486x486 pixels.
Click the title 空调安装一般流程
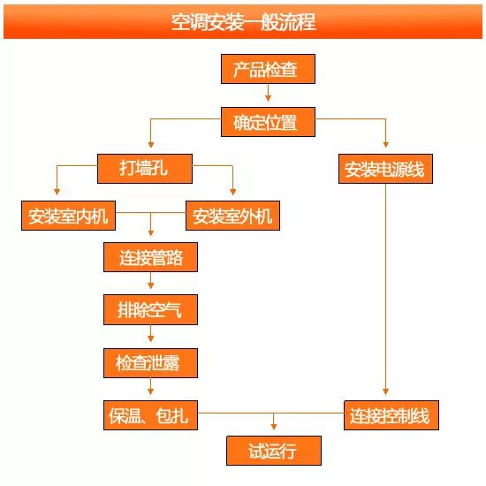(x=244, y=22)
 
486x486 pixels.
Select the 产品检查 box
(x=268, y=69)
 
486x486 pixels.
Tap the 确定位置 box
(x=268, y=122)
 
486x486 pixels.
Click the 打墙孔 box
(x=145, y=169)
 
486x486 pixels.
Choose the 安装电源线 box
(x=385, y=169)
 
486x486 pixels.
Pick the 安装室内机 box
(x=69, y=216)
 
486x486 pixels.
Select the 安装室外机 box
(x=232, y=216)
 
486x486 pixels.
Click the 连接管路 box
(x=150, y=257)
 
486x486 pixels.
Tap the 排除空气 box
(x=150, y=309)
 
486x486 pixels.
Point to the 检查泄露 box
(x=150, y=363)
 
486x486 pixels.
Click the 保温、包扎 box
(x=150, y=415)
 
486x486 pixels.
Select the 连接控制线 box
(x=391, y=415)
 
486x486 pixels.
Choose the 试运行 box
(x=274, y=451)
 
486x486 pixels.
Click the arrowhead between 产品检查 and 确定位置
(x=268, y=98)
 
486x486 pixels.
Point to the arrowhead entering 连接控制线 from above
(x=385, y=391)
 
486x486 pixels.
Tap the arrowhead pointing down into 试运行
(x=274, y=426)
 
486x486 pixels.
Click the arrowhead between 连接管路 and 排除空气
(x=150, y=285)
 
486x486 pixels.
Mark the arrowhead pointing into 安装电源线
(x=385, y=144)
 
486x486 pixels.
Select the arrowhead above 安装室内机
(x=57, y=192)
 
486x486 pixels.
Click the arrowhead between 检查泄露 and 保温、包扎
(x=150, y=391)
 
